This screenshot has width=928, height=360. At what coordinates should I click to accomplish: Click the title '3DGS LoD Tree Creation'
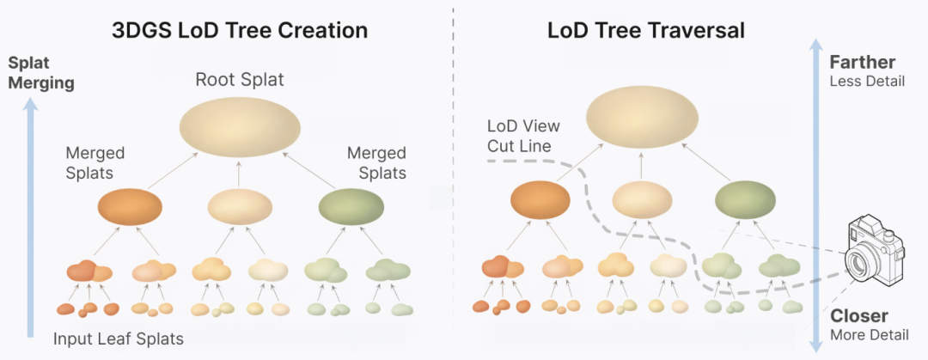pos(240,31)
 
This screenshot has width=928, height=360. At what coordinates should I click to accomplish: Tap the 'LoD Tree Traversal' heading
pos(647,31)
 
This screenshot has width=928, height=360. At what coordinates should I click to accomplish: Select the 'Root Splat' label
pos(240,81)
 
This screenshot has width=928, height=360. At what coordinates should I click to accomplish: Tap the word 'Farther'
pos(862,63)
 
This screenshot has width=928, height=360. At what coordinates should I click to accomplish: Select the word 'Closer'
pos(859,315)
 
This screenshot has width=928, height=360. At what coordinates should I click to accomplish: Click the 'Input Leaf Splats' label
pos(118,338)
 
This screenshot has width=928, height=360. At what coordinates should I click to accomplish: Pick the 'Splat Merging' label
pos(41,73)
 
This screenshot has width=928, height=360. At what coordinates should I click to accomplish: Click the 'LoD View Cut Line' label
pos(523,136)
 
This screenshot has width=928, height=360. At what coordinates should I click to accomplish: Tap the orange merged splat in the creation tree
pos(130,207)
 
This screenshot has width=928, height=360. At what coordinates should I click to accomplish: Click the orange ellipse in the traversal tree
pos(540,200)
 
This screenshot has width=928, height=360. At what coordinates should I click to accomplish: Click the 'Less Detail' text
pos(867,82)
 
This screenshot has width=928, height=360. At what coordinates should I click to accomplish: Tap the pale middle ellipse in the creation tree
pos(240,207)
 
